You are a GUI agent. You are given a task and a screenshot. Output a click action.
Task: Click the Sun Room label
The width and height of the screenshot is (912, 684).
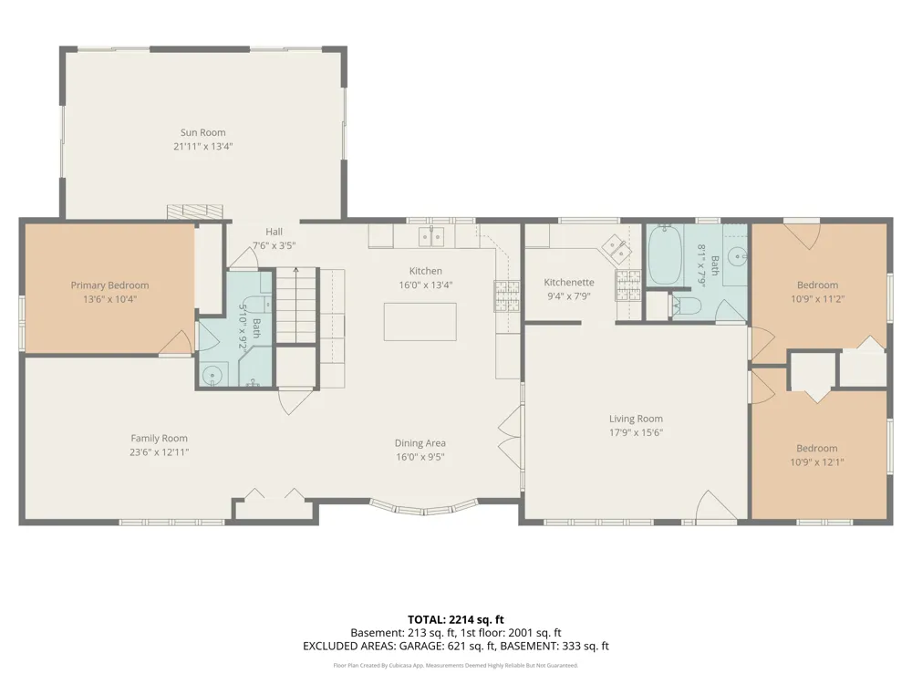(203, 132)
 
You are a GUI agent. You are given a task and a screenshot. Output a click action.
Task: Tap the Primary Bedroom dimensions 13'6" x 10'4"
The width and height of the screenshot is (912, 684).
(110, 299)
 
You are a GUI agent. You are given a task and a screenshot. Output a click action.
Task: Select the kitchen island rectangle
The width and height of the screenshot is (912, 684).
(420, 322)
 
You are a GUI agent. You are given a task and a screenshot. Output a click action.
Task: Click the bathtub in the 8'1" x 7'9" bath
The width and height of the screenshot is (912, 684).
(665, 255)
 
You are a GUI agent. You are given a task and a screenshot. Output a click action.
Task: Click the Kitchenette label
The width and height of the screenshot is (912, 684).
(569, 283)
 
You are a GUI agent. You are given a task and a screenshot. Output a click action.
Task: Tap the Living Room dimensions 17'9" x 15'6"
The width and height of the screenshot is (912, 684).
(636, 432)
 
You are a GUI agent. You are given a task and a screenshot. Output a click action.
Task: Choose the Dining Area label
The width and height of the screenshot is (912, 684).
(420, 443)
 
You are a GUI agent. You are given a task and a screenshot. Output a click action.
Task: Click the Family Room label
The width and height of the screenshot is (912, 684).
(159, 439)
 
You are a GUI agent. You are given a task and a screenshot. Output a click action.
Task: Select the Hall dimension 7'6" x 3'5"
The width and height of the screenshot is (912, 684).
(274, 245)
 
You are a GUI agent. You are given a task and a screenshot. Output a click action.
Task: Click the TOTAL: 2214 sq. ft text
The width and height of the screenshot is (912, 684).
(455, 619)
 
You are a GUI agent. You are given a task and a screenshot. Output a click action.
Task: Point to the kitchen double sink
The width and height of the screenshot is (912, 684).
(431, 237)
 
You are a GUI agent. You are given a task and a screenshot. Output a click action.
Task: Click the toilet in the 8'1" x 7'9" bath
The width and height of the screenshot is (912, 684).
(685, 305)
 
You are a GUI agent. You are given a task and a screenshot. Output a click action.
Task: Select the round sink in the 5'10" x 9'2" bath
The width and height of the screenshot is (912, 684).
(212, 375)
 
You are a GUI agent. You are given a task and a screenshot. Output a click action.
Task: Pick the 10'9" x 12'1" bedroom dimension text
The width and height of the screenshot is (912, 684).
(817, 462)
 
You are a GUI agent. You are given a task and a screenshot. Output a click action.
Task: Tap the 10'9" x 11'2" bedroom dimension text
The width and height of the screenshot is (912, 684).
(817, 299)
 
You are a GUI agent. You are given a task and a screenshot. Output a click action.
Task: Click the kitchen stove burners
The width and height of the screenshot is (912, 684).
(506, 296)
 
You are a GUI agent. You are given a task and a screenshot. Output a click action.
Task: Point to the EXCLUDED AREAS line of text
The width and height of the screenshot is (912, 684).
(455, 647)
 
